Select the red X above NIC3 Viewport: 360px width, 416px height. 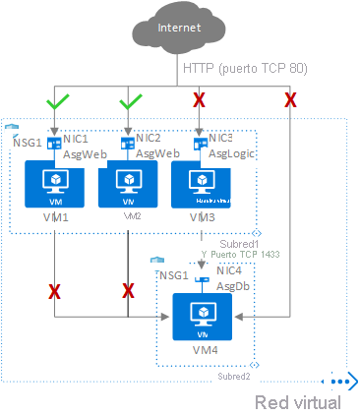click(200, 100)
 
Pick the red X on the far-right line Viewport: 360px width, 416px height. click(290, 99)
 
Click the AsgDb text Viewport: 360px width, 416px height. click(232, 284)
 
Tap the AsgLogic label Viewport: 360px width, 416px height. click(232, 154)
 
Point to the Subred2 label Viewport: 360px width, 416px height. click(236, 376)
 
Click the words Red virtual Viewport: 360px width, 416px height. click(298, 402)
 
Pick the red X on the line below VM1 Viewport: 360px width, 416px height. click(54, 291)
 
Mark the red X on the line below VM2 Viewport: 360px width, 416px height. click(128, 291)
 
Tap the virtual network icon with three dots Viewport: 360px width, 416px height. click(341, 382)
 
